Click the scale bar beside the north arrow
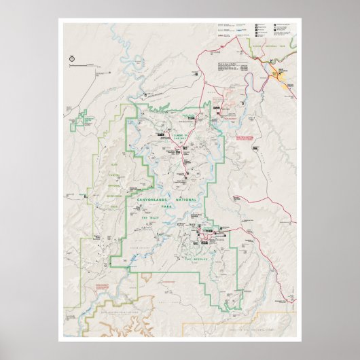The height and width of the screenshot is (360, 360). [92, 65]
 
